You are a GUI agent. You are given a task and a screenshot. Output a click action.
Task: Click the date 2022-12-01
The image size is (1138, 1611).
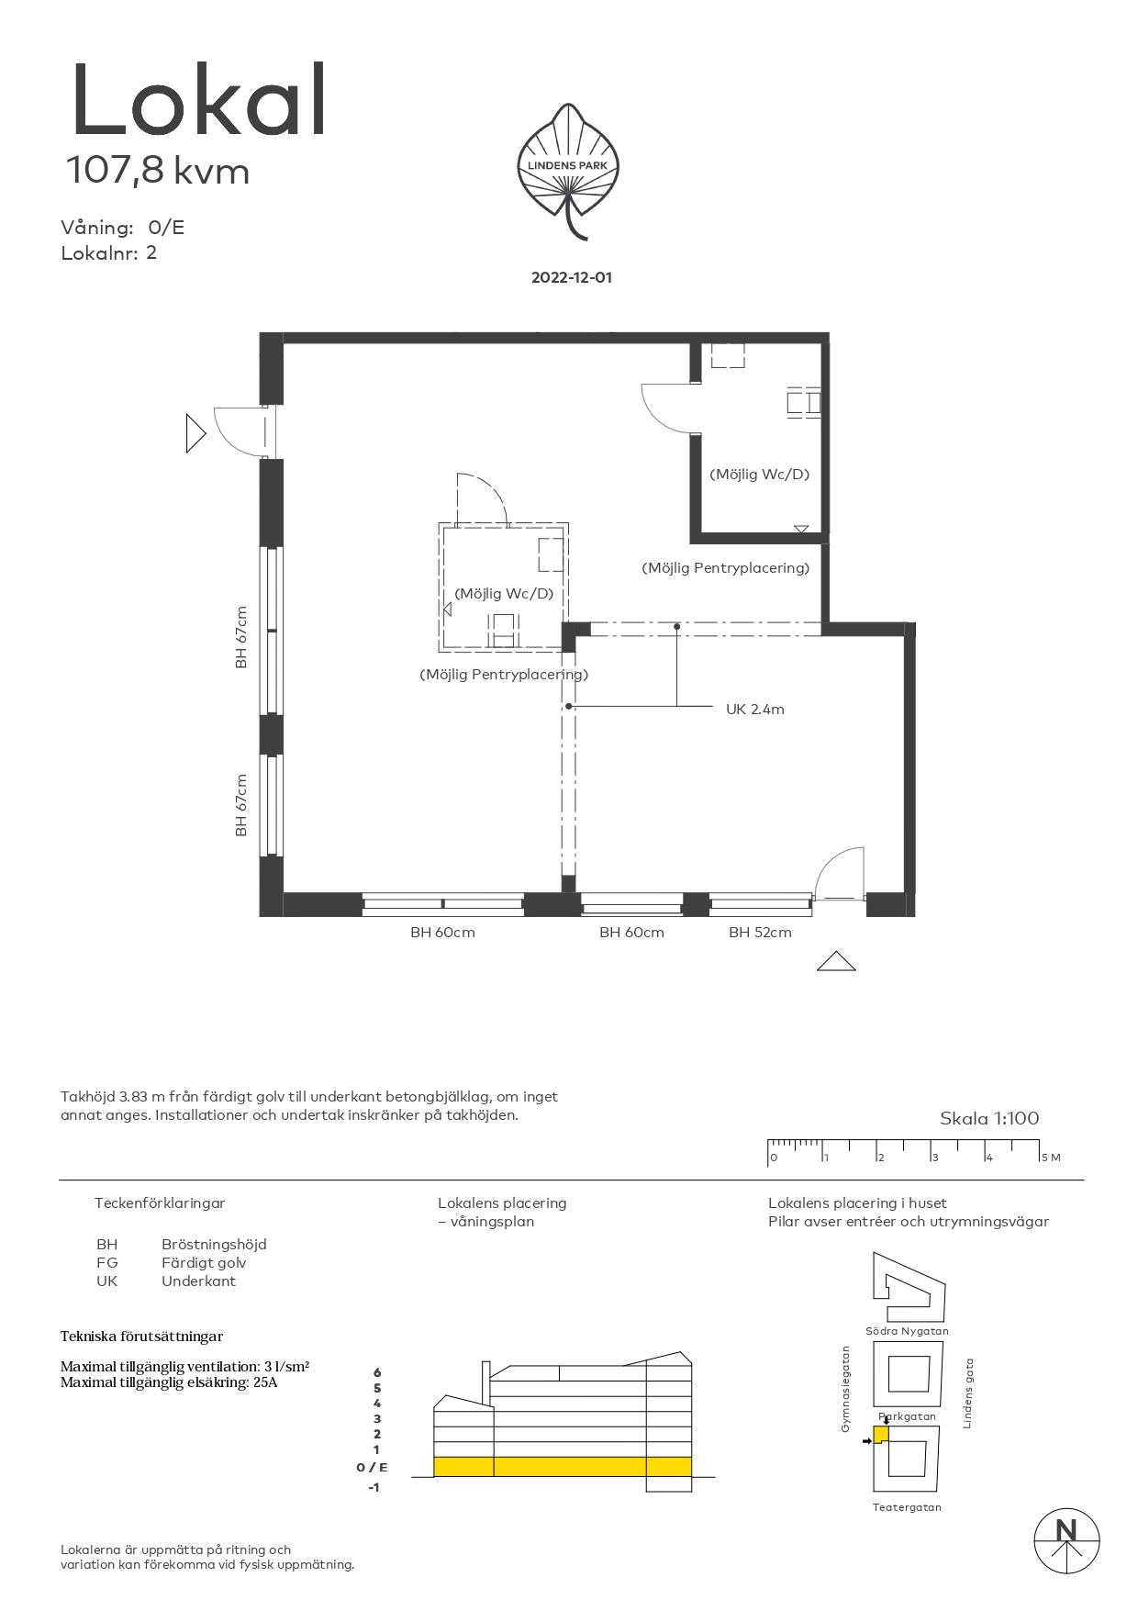point(571,277)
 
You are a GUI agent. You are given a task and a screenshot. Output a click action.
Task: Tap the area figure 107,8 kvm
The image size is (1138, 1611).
point(157,172)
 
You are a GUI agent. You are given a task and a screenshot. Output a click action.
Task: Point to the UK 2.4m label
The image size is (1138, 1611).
point(754,710)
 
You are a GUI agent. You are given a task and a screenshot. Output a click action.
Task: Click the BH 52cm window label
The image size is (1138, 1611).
point(760,933)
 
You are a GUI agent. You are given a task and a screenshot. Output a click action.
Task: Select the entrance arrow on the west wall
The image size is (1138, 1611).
point(195,433)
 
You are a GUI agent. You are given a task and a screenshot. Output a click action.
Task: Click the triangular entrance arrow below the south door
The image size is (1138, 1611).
point(836,961)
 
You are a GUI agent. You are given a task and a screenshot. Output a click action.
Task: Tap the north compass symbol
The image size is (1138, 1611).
point(1066,1541)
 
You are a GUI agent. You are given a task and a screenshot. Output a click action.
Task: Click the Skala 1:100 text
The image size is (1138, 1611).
point(989,1118)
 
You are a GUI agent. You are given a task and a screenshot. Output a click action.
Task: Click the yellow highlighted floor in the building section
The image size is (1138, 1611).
point(563,1467)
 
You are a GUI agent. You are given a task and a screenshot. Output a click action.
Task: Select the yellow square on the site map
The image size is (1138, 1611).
point(881,1435)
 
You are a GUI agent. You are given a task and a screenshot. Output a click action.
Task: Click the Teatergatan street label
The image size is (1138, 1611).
point(907,1507)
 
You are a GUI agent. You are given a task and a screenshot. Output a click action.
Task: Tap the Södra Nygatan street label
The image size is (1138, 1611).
point(907,1331)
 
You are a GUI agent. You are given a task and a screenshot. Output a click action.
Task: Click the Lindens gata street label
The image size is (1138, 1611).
point(967,1393)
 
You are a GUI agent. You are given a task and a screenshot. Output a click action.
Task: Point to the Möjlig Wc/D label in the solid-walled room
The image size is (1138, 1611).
point(759,475)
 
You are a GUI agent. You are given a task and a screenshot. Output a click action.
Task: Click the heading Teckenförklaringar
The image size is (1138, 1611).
point(160,1203)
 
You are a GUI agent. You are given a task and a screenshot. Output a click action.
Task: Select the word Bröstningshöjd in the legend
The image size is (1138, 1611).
point(214,1245)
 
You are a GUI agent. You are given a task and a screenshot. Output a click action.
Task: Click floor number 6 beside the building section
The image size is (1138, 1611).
point(376,1372)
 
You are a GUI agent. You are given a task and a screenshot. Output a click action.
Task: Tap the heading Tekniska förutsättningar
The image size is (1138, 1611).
point(141,1337)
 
